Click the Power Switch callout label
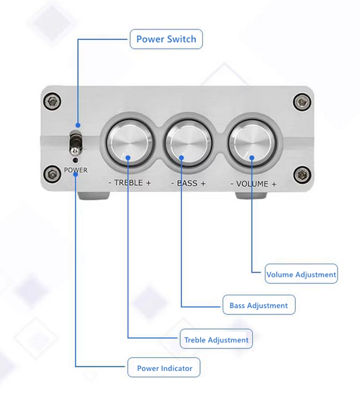(166, 39)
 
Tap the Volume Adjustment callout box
(301, 274)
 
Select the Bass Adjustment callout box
(259, 304)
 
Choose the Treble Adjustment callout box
(216, 338)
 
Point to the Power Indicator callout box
(164, 367)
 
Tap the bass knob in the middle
(189, 143)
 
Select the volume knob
(252, 143)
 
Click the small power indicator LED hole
(75, 160)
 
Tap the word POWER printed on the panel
(76, 170)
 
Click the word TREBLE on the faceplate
(129, 182)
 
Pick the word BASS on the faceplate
(187, 183)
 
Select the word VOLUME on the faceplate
(252, 184)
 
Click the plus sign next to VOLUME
(274, 185)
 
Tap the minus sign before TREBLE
(110, 183)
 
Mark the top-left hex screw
(52, 102)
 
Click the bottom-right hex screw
(302, 175)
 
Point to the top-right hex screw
(302, 102)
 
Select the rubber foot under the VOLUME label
(251, 196)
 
